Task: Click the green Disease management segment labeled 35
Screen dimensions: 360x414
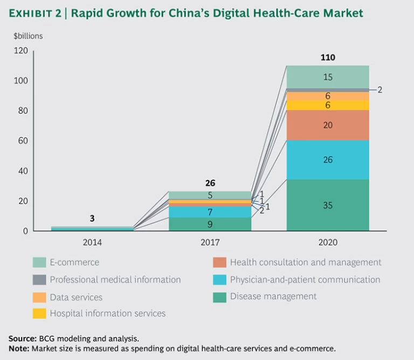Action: pos(327,205)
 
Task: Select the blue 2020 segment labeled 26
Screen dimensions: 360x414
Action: pos(327,160)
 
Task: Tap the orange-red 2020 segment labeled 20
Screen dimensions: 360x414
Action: pos(327,125)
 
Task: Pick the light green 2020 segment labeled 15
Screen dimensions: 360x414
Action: pos(327,77)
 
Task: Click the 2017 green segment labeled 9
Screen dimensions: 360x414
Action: pos(210,224)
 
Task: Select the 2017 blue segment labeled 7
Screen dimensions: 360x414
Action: pos(210,212)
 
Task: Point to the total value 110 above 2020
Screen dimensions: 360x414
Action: pos(327,58)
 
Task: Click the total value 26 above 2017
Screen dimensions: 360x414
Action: pos(210,183)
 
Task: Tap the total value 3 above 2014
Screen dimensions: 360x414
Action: pos(92,219)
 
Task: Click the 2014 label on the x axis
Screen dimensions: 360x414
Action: pos(92,243)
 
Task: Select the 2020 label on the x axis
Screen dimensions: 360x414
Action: pos(327,243)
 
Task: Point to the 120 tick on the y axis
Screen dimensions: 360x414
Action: pos(21,51)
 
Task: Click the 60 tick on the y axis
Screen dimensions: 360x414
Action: pos(23,141)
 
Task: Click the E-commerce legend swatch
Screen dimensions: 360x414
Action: pos(39,262)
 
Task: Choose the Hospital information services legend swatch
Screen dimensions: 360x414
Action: pos(39,313)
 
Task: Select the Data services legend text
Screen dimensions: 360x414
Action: pos(76,297)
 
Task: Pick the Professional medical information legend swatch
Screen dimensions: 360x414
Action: pos(39,280)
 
